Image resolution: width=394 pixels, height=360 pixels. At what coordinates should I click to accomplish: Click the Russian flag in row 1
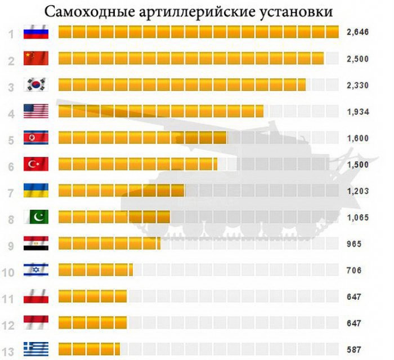36,33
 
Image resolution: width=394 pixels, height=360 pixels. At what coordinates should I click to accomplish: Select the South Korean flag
36,84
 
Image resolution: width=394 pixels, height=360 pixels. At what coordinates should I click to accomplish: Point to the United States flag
36,111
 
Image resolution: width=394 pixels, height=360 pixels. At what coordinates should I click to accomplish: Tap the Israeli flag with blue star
36,270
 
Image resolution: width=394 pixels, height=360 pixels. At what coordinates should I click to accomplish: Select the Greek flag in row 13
36,348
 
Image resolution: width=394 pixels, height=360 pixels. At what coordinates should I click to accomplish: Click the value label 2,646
357,33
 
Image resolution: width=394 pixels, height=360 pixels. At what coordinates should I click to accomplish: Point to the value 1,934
357,111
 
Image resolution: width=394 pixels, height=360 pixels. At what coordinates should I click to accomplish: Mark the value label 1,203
357,191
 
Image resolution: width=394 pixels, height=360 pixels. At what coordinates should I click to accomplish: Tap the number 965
354,244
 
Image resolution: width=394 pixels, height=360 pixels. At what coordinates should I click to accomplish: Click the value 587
354,349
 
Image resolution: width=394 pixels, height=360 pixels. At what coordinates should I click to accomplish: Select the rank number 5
11,138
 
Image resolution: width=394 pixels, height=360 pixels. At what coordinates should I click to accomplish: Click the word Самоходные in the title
86,12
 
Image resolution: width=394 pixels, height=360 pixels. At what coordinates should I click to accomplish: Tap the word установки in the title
293,12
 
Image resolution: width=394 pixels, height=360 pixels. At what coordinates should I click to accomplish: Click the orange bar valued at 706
95,270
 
